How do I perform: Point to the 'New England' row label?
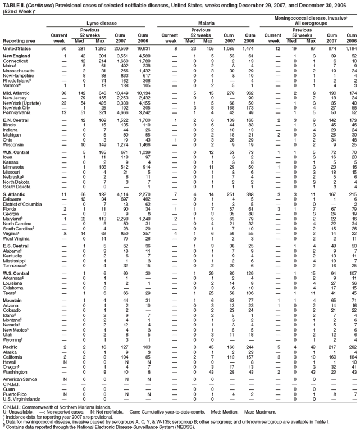pyautogui.click(x=16, y=56)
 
